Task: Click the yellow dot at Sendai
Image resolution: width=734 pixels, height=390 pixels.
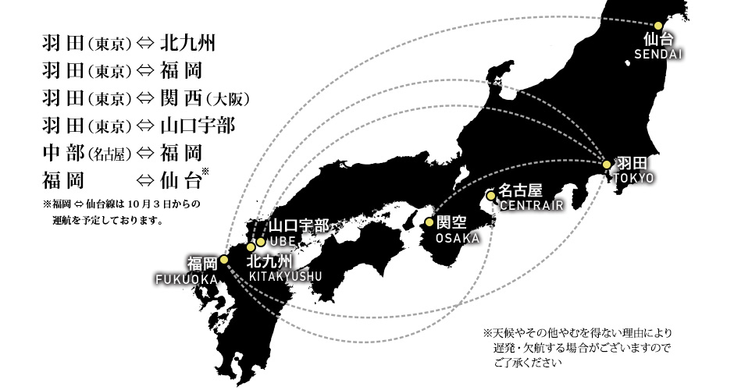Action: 657,25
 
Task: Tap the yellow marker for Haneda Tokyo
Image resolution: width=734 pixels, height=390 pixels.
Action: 607,165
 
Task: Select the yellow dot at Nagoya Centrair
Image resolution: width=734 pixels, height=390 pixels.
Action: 490,196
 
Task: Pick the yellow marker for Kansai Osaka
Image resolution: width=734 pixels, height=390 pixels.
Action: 429,222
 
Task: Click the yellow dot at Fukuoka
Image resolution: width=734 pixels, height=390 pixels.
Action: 224,260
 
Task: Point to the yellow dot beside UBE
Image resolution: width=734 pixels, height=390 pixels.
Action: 261,243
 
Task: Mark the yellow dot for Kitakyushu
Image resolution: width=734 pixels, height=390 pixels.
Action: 251,247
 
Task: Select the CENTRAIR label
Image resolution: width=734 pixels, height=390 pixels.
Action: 532,205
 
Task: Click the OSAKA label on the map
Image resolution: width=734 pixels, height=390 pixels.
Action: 458,238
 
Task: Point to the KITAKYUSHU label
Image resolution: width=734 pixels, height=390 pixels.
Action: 286,276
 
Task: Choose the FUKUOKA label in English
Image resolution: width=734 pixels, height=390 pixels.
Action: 187,280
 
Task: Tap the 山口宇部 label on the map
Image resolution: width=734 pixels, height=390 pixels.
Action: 298,226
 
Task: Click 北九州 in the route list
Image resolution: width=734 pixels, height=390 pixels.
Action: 187,44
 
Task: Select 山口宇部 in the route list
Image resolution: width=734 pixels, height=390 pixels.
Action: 198,126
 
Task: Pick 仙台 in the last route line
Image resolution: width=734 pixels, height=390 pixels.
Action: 180,180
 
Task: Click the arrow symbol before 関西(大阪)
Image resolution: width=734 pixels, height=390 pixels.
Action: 144,98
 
